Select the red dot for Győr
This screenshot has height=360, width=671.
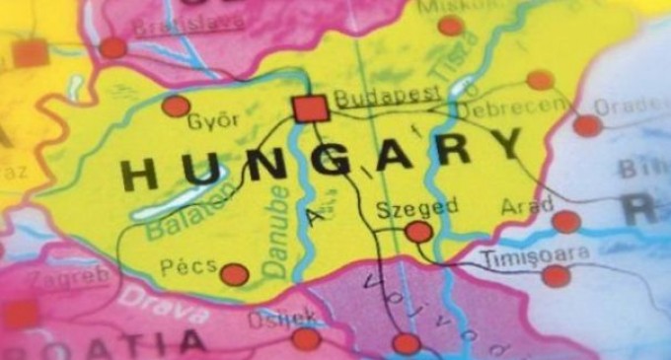pos(176,106)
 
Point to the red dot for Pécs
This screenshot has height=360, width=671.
pos(234,274)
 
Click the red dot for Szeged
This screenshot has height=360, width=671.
pos(418,232)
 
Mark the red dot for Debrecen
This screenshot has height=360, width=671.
pos(540,80)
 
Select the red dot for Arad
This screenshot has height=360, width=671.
pos(565,221)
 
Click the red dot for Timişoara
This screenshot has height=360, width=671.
pos(557,276)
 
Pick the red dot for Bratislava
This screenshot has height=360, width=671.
pos(113,46)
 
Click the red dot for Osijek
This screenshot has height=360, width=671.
pos(307,339)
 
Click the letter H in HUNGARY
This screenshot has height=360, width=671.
pos(139,175)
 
